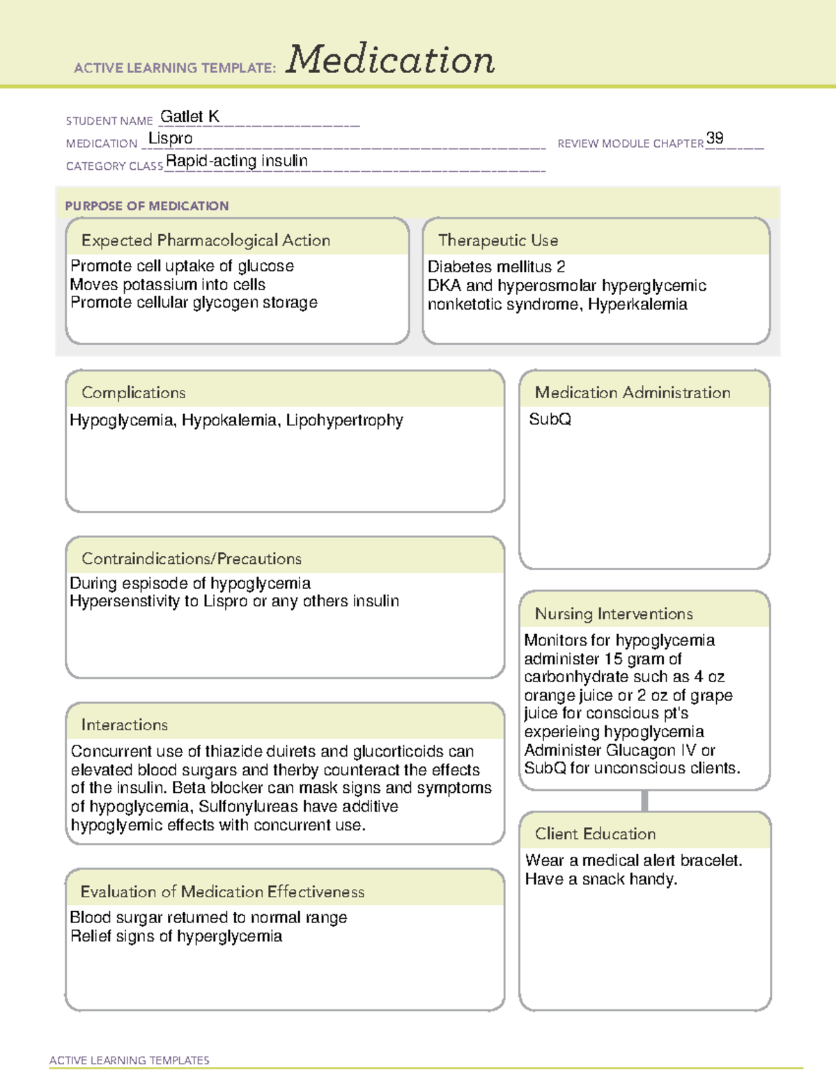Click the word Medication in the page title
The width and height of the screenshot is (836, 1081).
point(390,60)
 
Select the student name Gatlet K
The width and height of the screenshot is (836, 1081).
point(189,116)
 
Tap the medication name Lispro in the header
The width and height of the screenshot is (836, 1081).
point(171,139)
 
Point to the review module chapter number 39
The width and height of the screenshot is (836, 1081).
point(715,138)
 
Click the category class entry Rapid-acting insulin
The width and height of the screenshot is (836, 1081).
point(237,161)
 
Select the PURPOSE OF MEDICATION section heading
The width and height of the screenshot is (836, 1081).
point(147,206)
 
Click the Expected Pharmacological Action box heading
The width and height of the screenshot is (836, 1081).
point(206,240)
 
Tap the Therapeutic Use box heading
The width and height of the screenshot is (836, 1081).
point(498,240)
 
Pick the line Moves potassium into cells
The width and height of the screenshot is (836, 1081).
point(168,285)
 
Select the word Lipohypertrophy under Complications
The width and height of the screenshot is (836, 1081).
point(345,420)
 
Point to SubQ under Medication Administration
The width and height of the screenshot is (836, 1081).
point(550,419)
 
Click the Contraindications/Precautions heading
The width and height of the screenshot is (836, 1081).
point(192,558)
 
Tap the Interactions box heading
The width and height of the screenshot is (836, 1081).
point(125,725)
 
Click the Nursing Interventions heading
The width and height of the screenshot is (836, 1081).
point(614,613)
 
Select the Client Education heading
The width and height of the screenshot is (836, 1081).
point(595,833)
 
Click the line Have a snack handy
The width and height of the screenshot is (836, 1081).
point(601,879)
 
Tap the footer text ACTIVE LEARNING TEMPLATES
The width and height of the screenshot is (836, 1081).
point(130,1060)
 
